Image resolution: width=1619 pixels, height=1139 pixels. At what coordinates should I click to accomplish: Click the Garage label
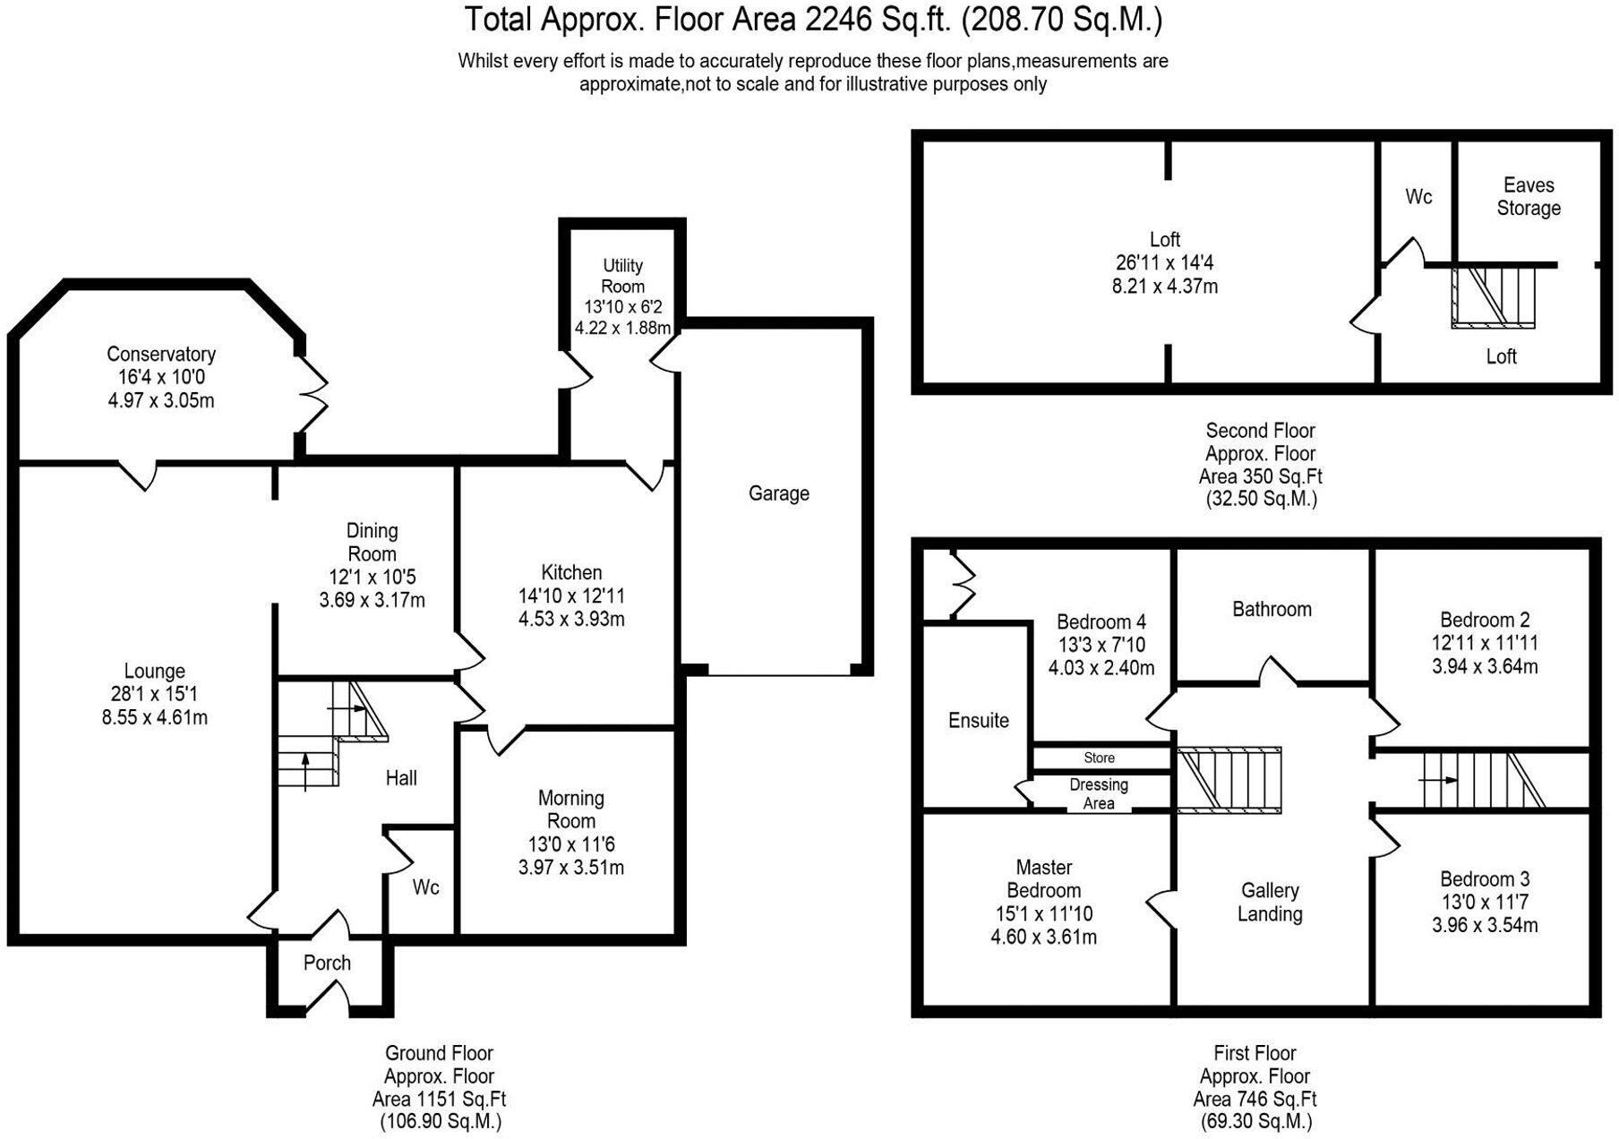[x=778, y=493]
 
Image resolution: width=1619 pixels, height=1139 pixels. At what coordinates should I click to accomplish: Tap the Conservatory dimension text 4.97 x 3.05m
[x=161, y=400]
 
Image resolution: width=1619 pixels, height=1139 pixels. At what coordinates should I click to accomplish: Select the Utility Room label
[x=622, y=276]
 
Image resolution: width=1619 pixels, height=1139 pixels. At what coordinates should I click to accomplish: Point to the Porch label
[x=327, y=963]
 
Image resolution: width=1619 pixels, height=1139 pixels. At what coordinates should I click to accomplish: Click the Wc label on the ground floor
[x=425, y=886]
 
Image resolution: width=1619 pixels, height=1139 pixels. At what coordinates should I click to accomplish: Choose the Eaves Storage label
[x=1529, y=196]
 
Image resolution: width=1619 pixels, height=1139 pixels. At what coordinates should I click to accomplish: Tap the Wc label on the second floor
[x=1418, y=196]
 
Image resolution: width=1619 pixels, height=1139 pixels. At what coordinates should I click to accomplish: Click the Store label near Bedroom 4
[x=1099, y=758]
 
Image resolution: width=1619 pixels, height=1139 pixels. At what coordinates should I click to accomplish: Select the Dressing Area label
[x=1099, y=793]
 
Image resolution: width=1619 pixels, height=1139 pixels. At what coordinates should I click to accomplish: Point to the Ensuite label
[x=978, y=720]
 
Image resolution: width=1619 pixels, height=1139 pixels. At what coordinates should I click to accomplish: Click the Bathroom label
[x=1272, y=609]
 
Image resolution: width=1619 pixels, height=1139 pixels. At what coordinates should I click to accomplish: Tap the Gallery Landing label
[x=1270, y=902]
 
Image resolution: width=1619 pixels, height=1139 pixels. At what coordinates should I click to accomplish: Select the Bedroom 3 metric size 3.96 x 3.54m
[x=1485, y=925]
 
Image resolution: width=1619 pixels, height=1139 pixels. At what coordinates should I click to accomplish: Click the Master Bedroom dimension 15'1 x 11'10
[x=1043, y=913]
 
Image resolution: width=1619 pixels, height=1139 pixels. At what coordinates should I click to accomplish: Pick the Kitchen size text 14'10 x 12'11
[x=571, y=595]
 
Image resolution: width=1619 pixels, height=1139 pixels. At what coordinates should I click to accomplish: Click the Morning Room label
[x=571, y=809]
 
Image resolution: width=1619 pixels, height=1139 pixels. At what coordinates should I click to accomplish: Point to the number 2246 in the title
[x=838, y=19]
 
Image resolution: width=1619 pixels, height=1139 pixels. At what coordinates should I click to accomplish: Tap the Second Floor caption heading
[x=1260, y=430]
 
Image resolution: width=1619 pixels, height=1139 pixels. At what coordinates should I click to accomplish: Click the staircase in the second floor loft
[x=1493, y=296]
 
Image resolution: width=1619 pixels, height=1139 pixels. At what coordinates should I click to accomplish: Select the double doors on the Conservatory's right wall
[x=314, y=396]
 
